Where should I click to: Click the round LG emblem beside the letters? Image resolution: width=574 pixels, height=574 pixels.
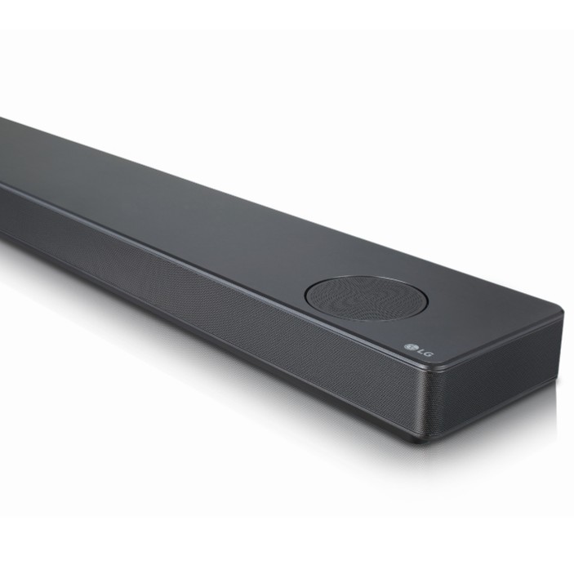(x=409, y=347)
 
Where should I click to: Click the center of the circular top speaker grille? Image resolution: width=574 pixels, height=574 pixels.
(x=366, y=298)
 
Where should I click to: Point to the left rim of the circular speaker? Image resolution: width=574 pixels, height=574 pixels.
(x=305, y=293)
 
